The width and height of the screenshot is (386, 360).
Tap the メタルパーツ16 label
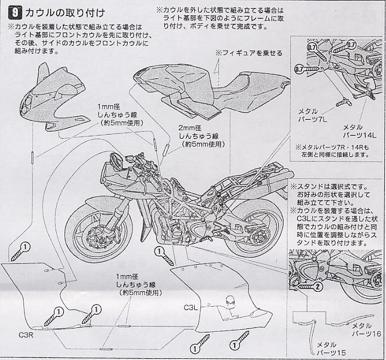point(363,334)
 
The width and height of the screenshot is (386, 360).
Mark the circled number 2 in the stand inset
point(319,280)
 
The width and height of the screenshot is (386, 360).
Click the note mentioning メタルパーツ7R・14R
point(341,151)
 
